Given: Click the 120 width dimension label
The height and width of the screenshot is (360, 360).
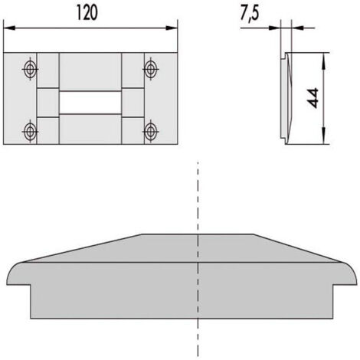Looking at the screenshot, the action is coord(87,13).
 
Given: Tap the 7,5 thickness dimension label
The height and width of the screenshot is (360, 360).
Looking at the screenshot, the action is coord(250,13).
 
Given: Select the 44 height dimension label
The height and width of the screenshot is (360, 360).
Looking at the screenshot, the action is coord(313,98).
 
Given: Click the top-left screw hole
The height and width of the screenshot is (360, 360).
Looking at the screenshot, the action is coord(30,69).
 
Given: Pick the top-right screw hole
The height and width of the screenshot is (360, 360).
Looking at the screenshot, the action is coord(151,69).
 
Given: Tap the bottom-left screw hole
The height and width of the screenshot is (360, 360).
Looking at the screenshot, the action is coord(30,132).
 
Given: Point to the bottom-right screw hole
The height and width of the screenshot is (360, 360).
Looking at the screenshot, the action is coord(151,132).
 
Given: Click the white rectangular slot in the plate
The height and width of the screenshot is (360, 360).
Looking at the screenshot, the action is coord(90,103).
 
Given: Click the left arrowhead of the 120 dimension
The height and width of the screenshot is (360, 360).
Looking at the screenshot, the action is coord(9,28).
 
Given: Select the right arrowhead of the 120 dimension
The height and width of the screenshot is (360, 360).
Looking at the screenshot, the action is coord(171,28).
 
